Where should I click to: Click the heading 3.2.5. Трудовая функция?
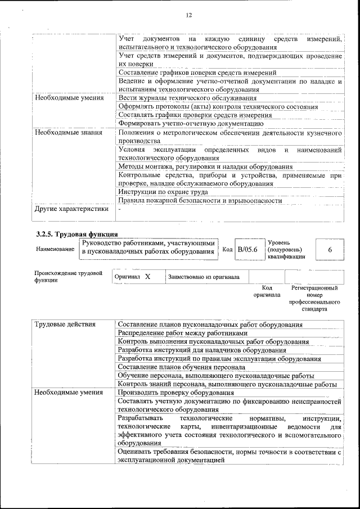pyautogui.click(x=76, y=233)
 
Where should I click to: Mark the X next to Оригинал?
pyautogui.click(x=147, y=277)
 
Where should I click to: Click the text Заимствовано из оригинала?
pyautogui.click(x=203, y=277)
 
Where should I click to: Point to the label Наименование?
pyautogui.click(x=55, y=249)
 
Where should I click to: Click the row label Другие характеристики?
pyautogui.click(x=71, y=209)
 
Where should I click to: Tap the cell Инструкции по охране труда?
pyautogui.click(x=159, y=192)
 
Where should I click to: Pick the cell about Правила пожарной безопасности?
pyautogui.click(x=200, y=200)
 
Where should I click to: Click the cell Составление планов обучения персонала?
pyautogui.click(x=181, y=367)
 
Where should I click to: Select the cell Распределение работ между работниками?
pyautogui.click(x=182, y=333)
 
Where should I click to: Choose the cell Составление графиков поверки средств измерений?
pyautogui.click(x=197, y=73)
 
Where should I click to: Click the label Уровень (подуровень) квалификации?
pyautogui.click(x=286, y=249)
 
